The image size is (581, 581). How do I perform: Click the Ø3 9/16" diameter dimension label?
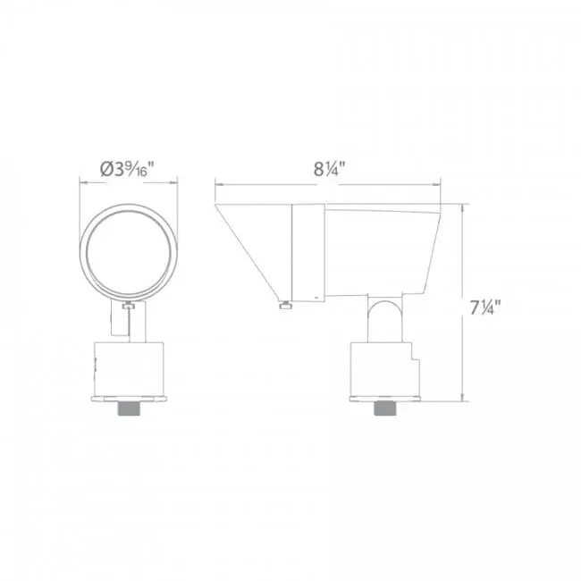127,169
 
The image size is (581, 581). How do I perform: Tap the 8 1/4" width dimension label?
330,169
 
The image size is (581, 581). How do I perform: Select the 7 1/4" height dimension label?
485,307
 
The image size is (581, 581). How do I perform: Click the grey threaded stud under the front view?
129,408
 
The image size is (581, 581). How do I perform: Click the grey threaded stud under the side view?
385,408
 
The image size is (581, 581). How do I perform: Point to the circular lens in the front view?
129,252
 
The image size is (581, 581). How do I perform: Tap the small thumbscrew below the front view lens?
129,306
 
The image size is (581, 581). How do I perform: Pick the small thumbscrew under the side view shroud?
286,306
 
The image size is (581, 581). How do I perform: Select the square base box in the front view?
129,369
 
